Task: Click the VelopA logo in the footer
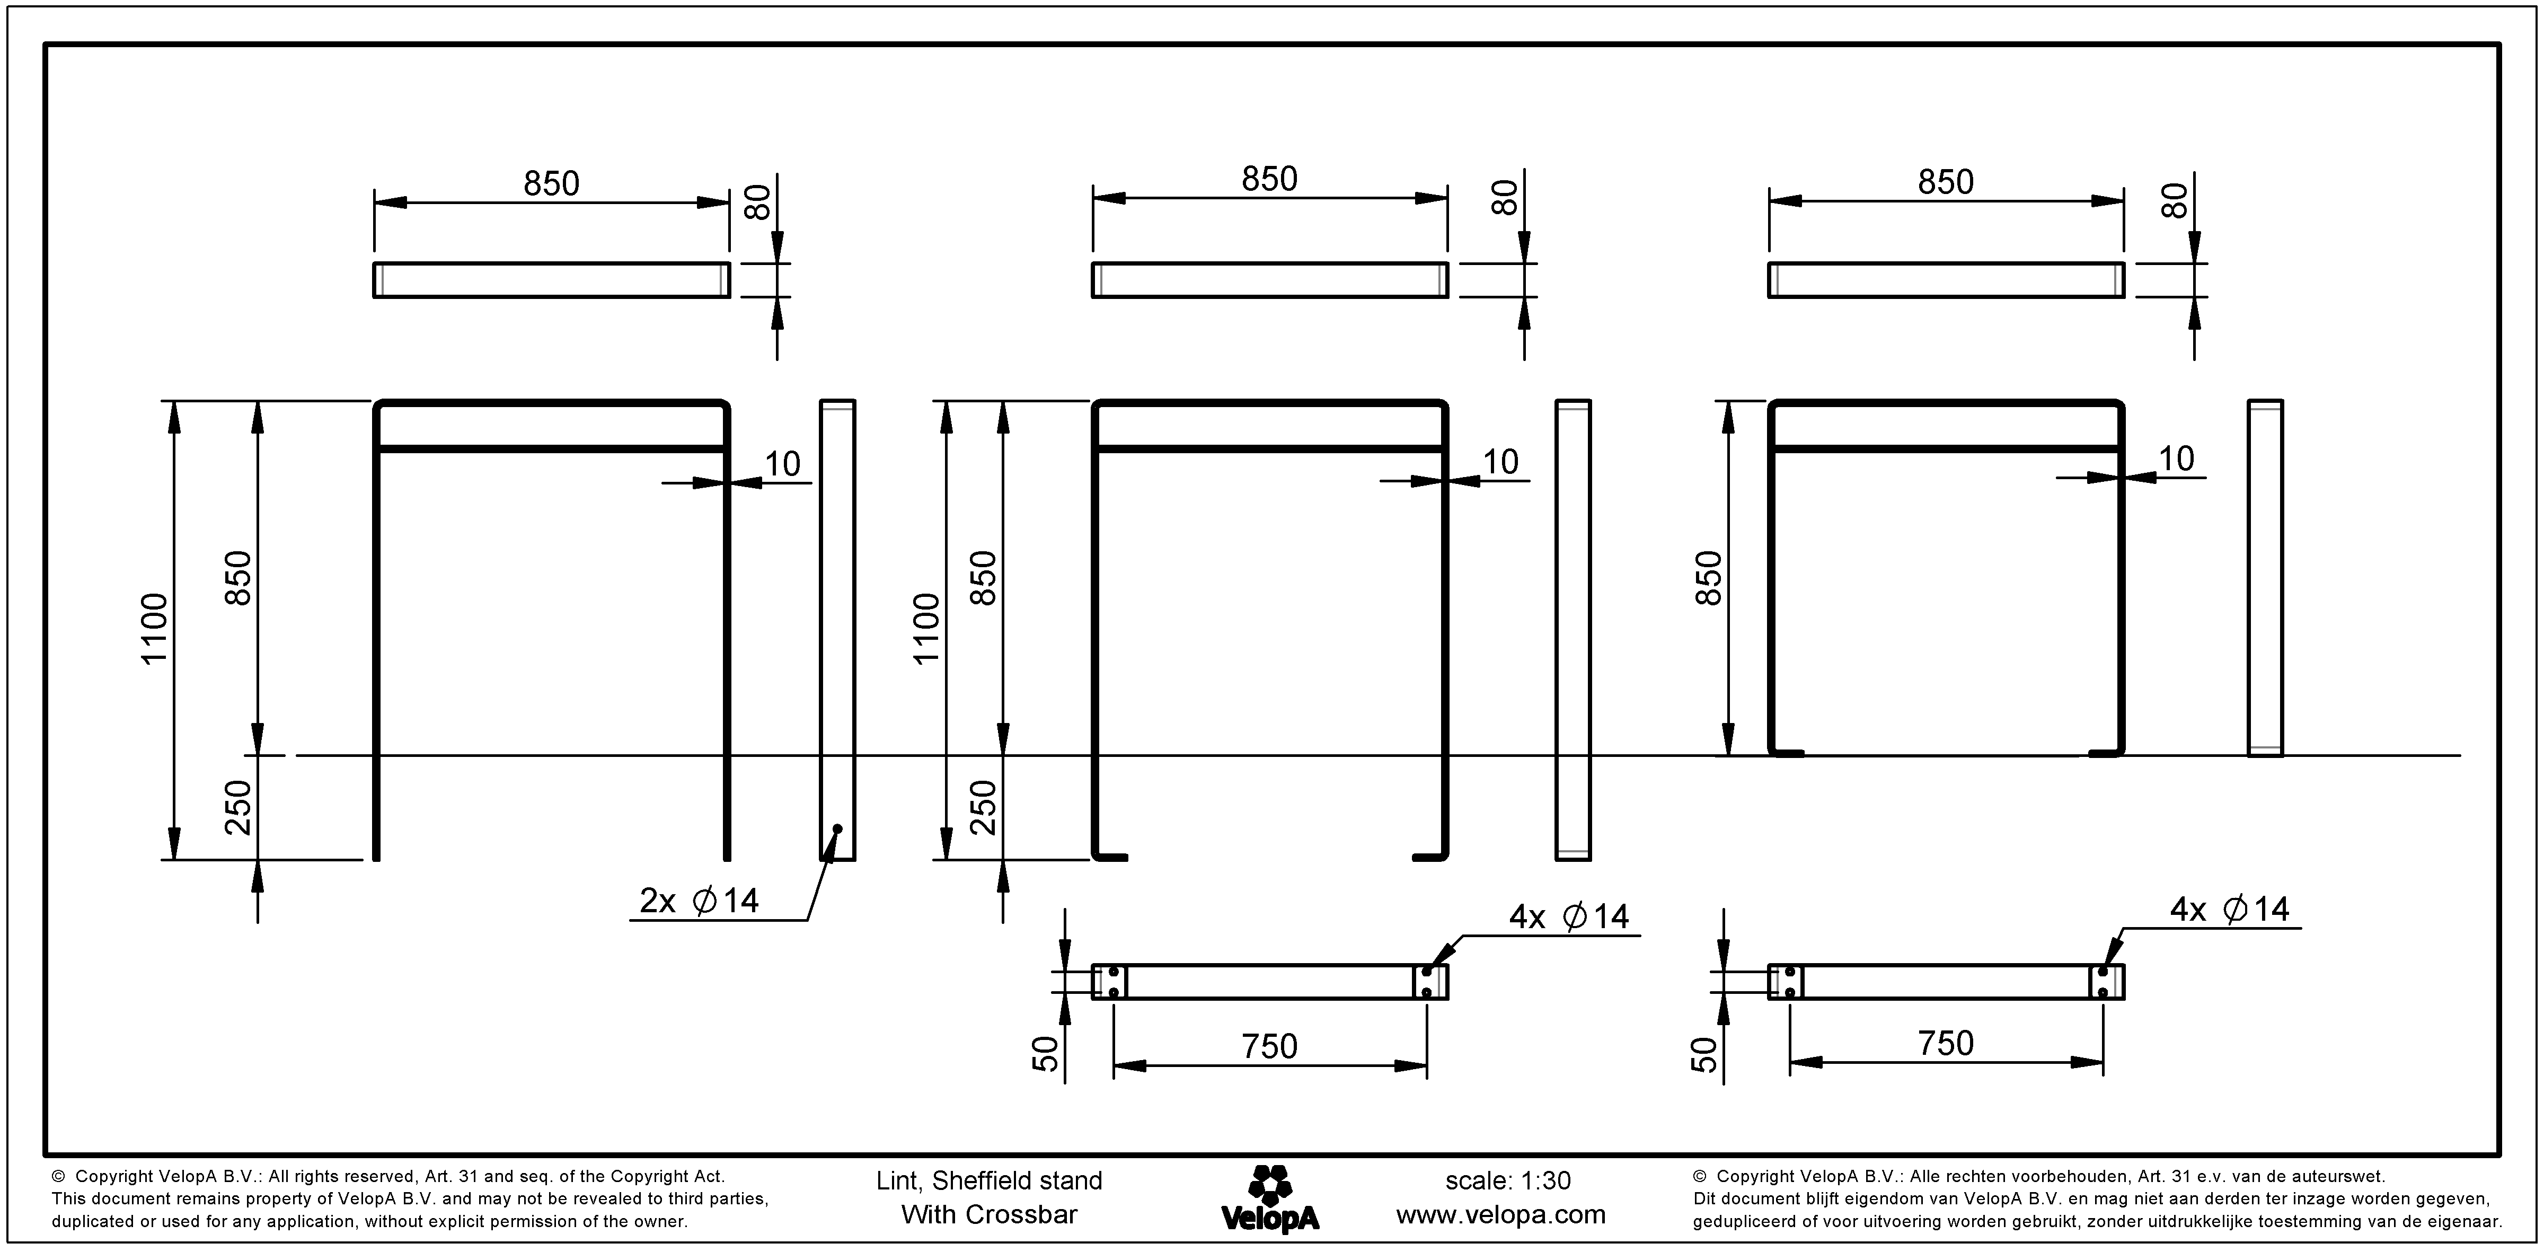click(1270, 1198)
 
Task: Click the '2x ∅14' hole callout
click(699, 901)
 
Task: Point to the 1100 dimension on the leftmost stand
click(155, 629)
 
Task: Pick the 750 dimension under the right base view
click(1946, 1043)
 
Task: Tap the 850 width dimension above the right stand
click(1946, 182)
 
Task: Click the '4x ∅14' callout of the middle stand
click(1568, 918)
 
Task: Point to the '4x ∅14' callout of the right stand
click(2229, 910)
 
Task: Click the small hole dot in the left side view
click(837, 827)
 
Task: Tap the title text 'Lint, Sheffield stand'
click(988, 1181)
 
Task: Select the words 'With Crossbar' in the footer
click(988, 1214)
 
